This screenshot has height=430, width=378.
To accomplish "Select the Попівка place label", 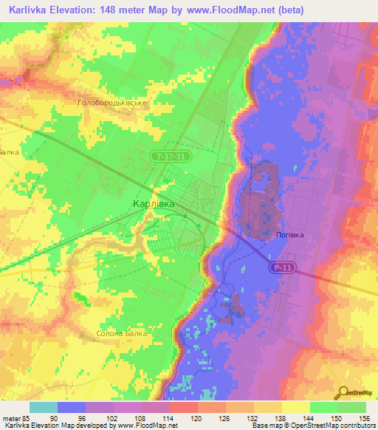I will [x=289, y=235].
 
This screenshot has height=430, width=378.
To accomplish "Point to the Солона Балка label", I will [x=123, y=333].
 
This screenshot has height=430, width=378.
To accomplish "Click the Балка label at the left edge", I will [x=10, y=152].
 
